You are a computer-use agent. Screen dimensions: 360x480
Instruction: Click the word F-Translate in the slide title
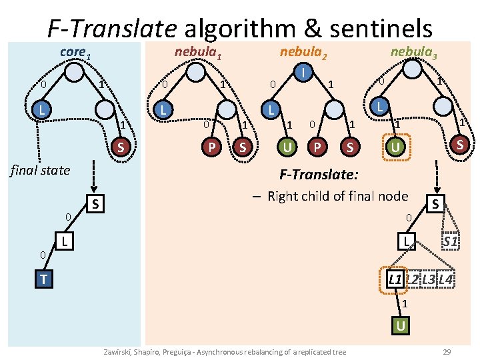point(112,28)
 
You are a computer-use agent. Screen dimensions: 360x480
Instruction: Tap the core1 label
point(75,51)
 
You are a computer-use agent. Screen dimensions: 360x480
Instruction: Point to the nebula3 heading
point(413,51)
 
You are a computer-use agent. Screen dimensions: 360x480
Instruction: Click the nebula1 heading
point(197,52)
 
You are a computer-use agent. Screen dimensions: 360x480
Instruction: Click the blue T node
point(43,279)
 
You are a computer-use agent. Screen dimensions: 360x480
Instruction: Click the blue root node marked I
point(303,71)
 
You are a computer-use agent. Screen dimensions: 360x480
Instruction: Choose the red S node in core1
point(121,147)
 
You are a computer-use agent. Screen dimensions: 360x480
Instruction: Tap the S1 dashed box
point(450,241)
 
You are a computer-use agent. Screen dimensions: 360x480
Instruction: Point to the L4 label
point(446,279)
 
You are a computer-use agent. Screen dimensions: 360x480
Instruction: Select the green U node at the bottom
point(400,326)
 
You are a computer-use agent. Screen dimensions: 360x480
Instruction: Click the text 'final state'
point(40,170)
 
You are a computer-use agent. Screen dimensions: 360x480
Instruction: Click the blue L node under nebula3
point(379,107)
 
